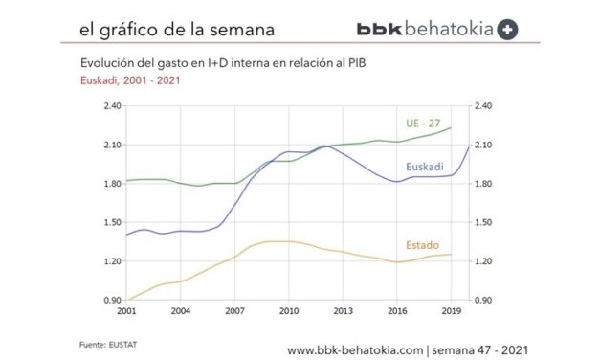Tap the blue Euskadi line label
point(424,167)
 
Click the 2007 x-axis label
point(235,311)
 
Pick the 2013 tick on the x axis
point(344,311)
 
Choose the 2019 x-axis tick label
point(452,311)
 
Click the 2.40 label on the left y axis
point(111,106)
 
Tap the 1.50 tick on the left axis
point(111,222)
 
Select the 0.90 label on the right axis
point(485,300)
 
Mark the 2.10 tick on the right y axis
point(485,145)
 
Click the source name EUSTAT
point(122,342)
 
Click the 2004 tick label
point(181,311)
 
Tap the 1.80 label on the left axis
point(111,184)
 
